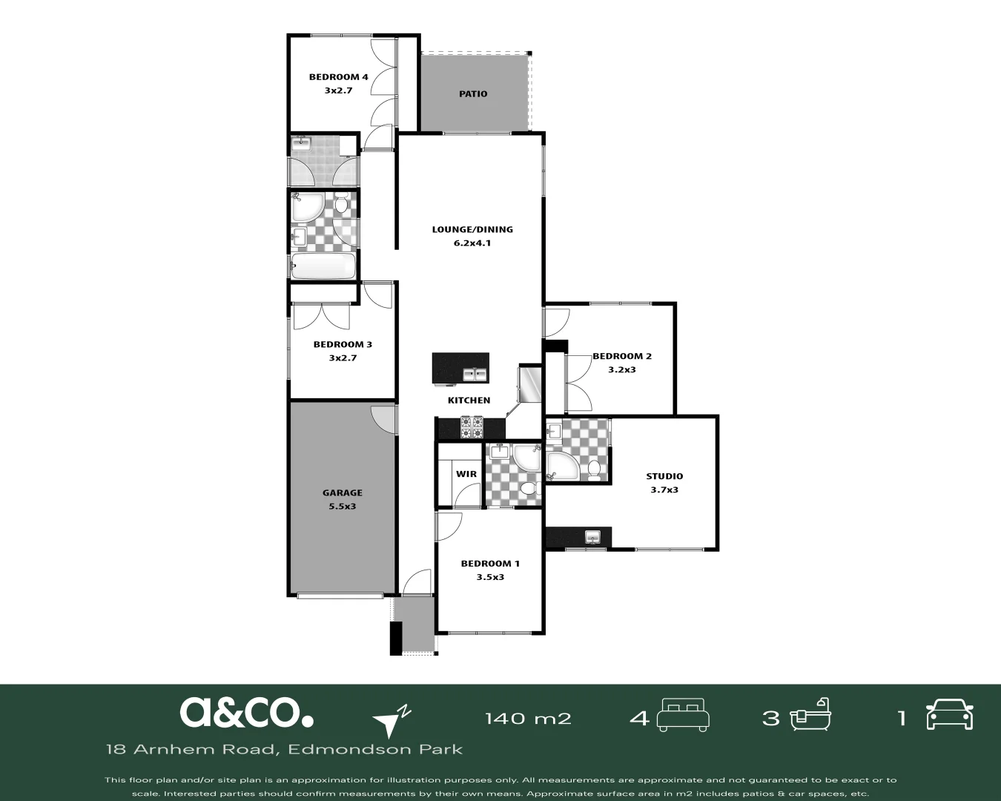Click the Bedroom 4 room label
(x=338, y=77)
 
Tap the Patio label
(x=473, y=94)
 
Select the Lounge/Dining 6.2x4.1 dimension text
(x=472, y=243)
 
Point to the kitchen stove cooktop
(x=472, y=427)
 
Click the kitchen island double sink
(x=475, y=375)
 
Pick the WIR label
(x=466, y=474)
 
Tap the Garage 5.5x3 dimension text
(x=342, y=507)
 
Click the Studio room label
(x=664, y=476)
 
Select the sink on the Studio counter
(x=592, y=537)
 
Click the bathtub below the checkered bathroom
(x=323, y=266)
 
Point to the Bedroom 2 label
(x=622, y=356)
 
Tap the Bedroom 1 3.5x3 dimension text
(x=490, y=577)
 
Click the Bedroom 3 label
(x=343, y=344)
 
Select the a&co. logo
(x=246, y=712)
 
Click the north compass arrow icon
(x=392, y=722)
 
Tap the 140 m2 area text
(x=528, y=719)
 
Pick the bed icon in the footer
(x=683, y=715)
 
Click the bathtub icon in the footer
(x=810, y=714)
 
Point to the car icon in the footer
(x=949, y=714)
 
